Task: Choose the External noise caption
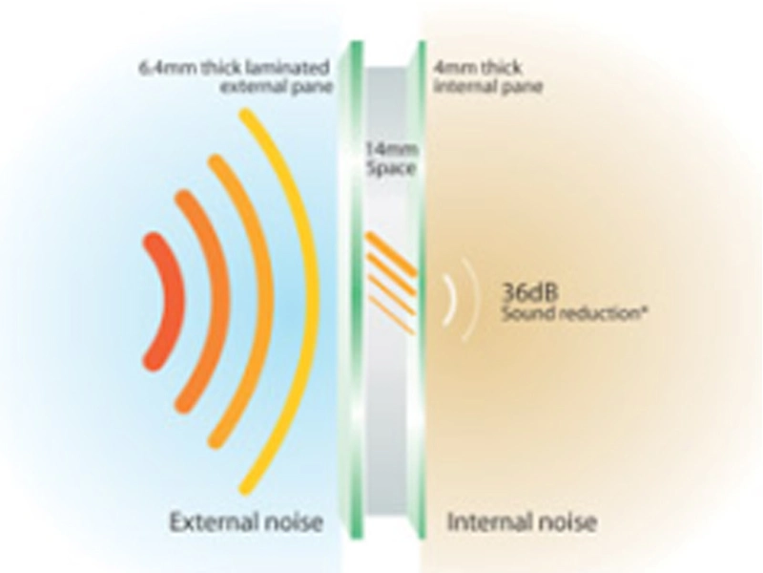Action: click(245, 522)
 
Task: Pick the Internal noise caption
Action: click(522, 522)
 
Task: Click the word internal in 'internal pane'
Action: click(458, 88)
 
